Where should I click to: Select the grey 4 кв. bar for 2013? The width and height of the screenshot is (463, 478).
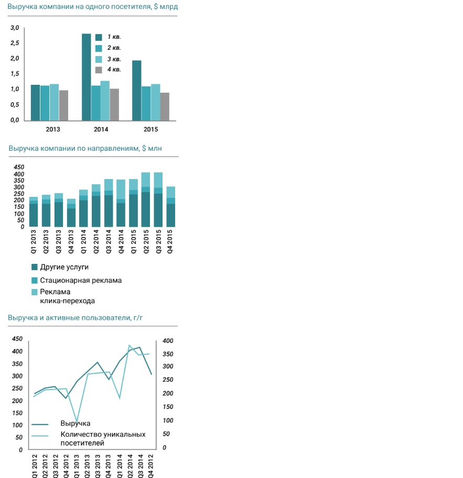pyautogui.click(x=63, y=105)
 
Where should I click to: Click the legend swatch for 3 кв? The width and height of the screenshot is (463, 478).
pyautogui.click(x=99, y=59)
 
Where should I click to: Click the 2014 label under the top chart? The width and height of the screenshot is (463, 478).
pyautogui.click(x=101, y=129)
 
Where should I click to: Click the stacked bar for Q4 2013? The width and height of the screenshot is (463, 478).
pyautogui.click(x=71, y=213)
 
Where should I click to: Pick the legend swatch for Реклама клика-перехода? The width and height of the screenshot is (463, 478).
pyautogui.click(x=35, y=292)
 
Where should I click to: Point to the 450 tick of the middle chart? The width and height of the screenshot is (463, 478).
pyautogui.click(x=19, y=168)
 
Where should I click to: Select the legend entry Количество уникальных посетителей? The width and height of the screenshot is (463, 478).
pyautogui.click(x=103, y=439)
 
